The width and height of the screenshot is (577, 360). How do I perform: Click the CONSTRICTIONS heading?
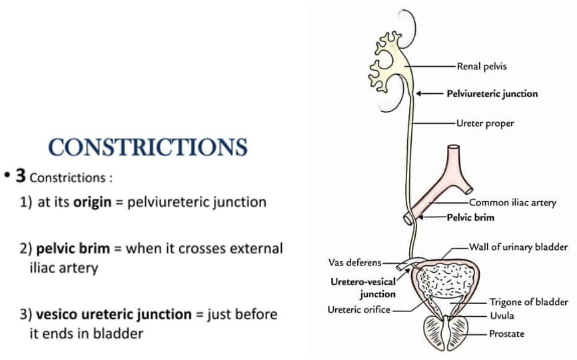pos(149,147)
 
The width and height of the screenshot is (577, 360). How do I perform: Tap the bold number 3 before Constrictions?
pos(21,176)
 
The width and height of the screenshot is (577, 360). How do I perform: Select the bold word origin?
pos(94,201)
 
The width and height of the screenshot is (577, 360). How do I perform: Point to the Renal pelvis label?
pos(482,66)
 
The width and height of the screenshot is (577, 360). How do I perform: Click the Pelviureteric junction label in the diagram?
pos(492,94)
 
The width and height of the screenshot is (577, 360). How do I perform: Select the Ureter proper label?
pos(485,123)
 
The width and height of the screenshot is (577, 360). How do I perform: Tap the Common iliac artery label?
pos(512,203)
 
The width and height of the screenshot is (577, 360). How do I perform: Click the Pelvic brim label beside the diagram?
pos(470,217)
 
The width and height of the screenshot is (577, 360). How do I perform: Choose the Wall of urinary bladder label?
pos(518,247)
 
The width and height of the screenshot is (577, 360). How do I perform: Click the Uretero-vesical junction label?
pos(363,287)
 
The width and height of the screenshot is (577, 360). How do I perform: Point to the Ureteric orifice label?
pos(358,309)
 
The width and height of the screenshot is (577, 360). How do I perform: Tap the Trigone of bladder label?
pos(528,301)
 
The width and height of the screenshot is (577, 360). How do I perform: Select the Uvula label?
pos(501,316)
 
